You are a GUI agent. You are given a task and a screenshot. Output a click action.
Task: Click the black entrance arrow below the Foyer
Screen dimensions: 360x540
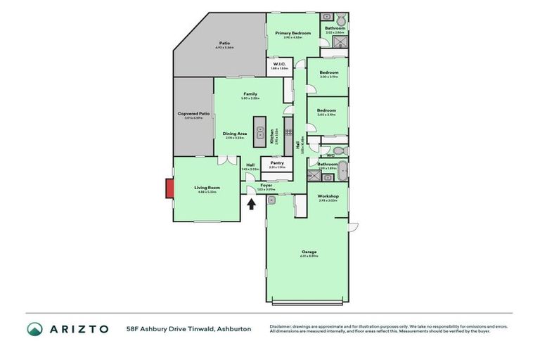(252, 204)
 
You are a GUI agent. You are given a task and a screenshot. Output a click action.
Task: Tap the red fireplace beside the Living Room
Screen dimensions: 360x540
(169, 188)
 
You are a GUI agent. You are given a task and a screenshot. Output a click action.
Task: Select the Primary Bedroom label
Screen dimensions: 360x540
(292, 33)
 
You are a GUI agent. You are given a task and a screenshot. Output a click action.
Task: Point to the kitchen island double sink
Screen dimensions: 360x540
(259, 131)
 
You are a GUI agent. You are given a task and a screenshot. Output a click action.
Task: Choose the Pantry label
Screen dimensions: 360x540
(277, 162)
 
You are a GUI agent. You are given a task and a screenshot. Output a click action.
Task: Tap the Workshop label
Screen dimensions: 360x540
(328, 196)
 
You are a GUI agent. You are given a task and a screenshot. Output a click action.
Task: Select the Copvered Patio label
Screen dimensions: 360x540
(193, 114)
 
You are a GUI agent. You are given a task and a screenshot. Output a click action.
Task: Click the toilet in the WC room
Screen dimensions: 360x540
(338, 150)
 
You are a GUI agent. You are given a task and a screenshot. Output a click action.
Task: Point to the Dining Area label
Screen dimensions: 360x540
(234, 134)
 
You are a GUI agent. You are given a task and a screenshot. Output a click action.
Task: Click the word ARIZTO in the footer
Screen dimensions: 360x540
(79, 329)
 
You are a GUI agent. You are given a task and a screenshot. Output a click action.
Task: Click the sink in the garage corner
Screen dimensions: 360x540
(271, 200)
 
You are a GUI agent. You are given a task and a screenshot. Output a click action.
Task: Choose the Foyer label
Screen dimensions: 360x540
(266, 185)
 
